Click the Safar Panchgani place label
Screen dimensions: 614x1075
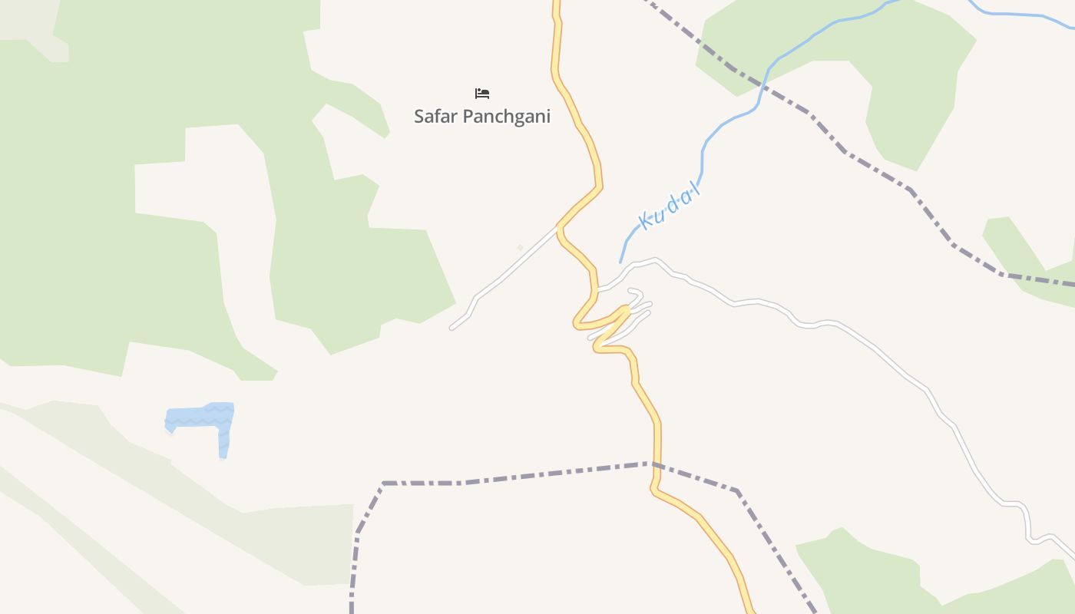(482, 117)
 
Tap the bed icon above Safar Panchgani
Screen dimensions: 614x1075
(482, 94)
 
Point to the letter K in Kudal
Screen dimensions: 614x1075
(647, 221)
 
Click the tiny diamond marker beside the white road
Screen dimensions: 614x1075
(520, 247)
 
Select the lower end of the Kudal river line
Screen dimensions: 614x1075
(620, 262)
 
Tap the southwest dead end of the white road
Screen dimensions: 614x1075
(451, 328)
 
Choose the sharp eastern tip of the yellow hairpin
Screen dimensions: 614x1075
(627, 309)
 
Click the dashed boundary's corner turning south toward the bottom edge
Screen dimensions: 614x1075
(383, 484)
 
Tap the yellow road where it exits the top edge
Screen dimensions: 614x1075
(556, 3)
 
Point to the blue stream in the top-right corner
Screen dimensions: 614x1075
(1021, 14)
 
